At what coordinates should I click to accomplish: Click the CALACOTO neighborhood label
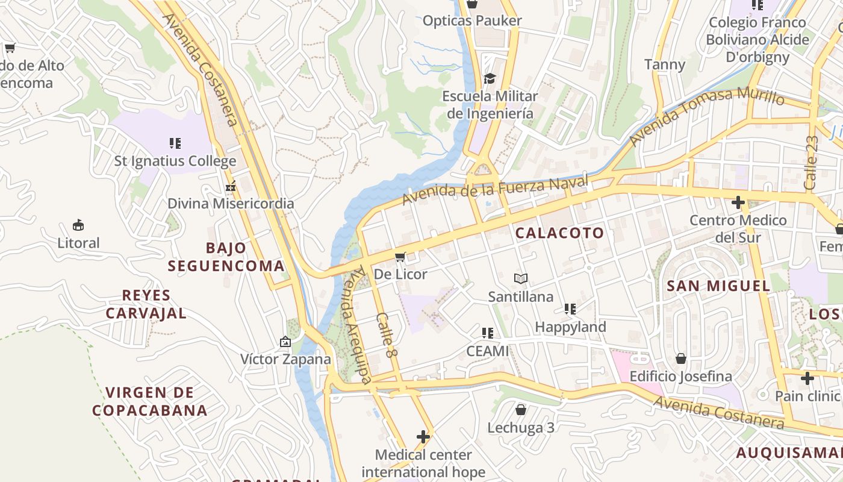559,233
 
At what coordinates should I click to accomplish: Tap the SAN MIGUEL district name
718,286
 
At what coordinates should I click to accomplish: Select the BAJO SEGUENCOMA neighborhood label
226,257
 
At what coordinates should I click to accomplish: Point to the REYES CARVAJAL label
146,304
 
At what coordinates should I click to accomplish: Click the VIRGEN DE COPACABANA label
149,402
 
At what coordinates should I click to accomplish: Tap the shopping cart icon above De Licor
400,257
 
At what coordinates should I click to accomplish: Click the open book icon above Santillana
520,278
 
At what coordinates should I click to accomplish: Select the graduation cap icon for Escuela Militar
490,78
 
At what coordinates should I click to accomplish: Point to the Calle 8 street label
387,336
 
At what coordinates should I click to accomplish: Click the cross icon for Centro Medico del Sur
738,202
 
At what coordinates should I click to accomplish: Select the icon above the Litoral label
78,225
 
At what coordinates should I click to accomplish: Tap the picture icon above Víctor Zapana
285,342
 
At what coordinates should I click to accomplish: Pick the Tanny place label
665,64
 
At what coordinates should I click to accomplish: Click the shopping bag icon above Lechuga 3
521,410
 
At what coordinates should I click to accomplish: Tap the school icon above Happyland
570,309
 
